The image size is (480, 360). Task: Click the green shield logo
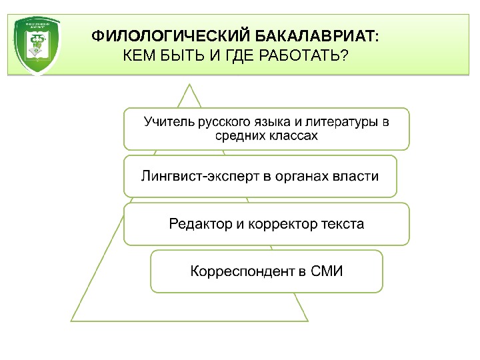(39, 45)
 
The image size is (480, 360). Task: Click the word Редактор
(199, 224)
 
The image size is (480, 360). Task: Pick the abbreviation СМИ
(327, 271)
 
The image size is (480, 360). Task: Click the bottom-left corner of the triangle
(71, 321)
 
